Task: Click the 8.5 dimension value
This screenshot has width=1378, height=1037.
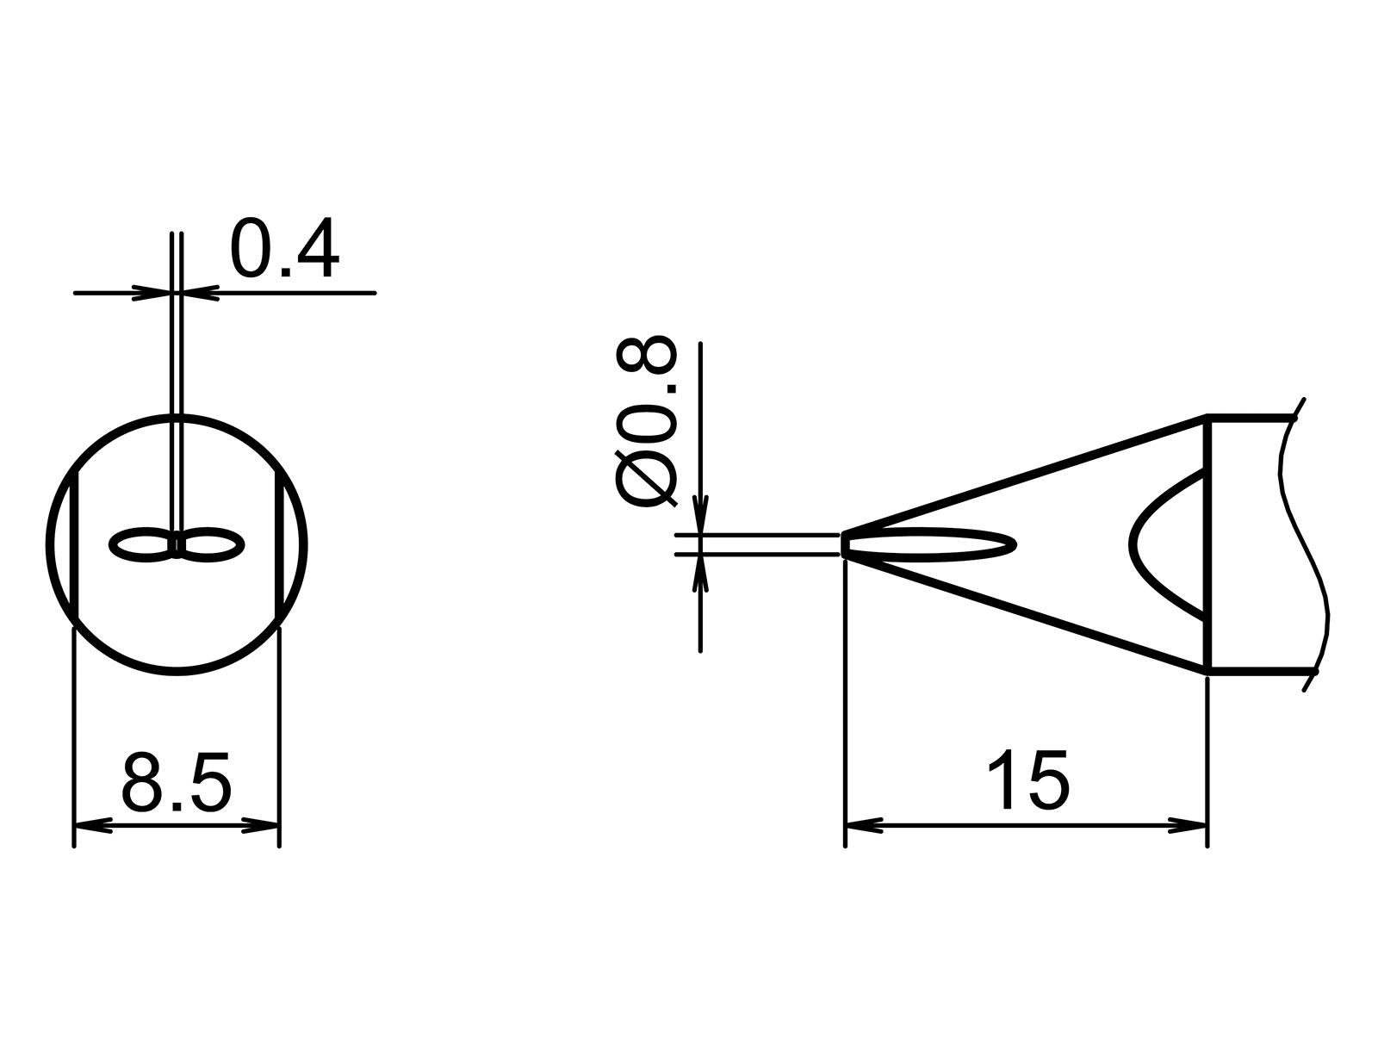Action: click(177, 783)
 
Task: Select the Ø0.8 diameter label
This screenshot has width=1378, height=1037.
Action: click(646, 422)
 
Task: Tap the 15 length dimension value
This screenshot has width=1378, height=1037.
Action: click(1027, 780)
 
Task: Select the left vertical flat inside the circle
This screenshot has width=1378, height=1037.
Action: click(76, 544)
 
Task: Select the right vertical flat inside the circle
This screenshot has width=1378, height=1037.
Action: click(279, 544)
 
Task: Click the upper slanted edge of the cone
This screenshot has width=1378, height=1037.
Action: click(1025, 475)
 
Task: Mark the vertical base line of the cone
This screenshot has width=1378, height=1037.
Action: click(1207, 544)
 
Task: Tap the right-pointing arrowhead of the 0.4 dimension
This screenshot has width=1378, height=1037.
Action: click(151, 294)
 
